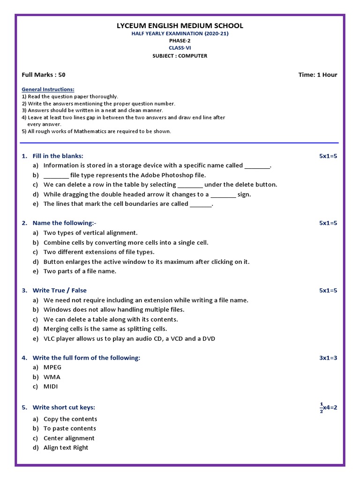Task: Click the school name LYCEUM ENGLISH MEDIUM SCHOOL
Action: [180, 26]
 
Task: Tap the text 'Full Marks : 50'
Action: [44, 75]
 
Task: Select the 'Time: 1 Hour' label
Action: [318, 75]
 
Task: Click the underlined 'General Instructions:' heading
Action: [48, 89]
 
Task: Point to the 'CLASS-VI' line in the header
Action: [180, 48]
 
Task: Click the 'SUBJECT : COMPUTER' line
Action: [180, 56]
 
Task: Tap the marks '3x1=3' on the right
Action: [328, 358]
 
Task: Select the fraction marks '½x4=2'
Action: [328, 407]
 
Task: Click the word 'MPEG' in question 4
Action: [52, 367]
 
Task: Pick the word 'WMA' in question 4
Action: [52, 377]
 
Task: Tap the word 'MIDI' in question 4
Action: [51, 387]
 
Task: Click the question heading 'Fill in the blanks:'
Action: [58, 156]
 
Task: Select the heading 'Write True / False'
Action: [60, 291]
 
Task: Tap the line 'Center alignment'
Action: [69, 438]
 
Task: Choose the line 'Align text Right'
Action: [66, 448]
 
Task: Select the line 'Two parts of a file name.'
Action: [80, 271]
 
